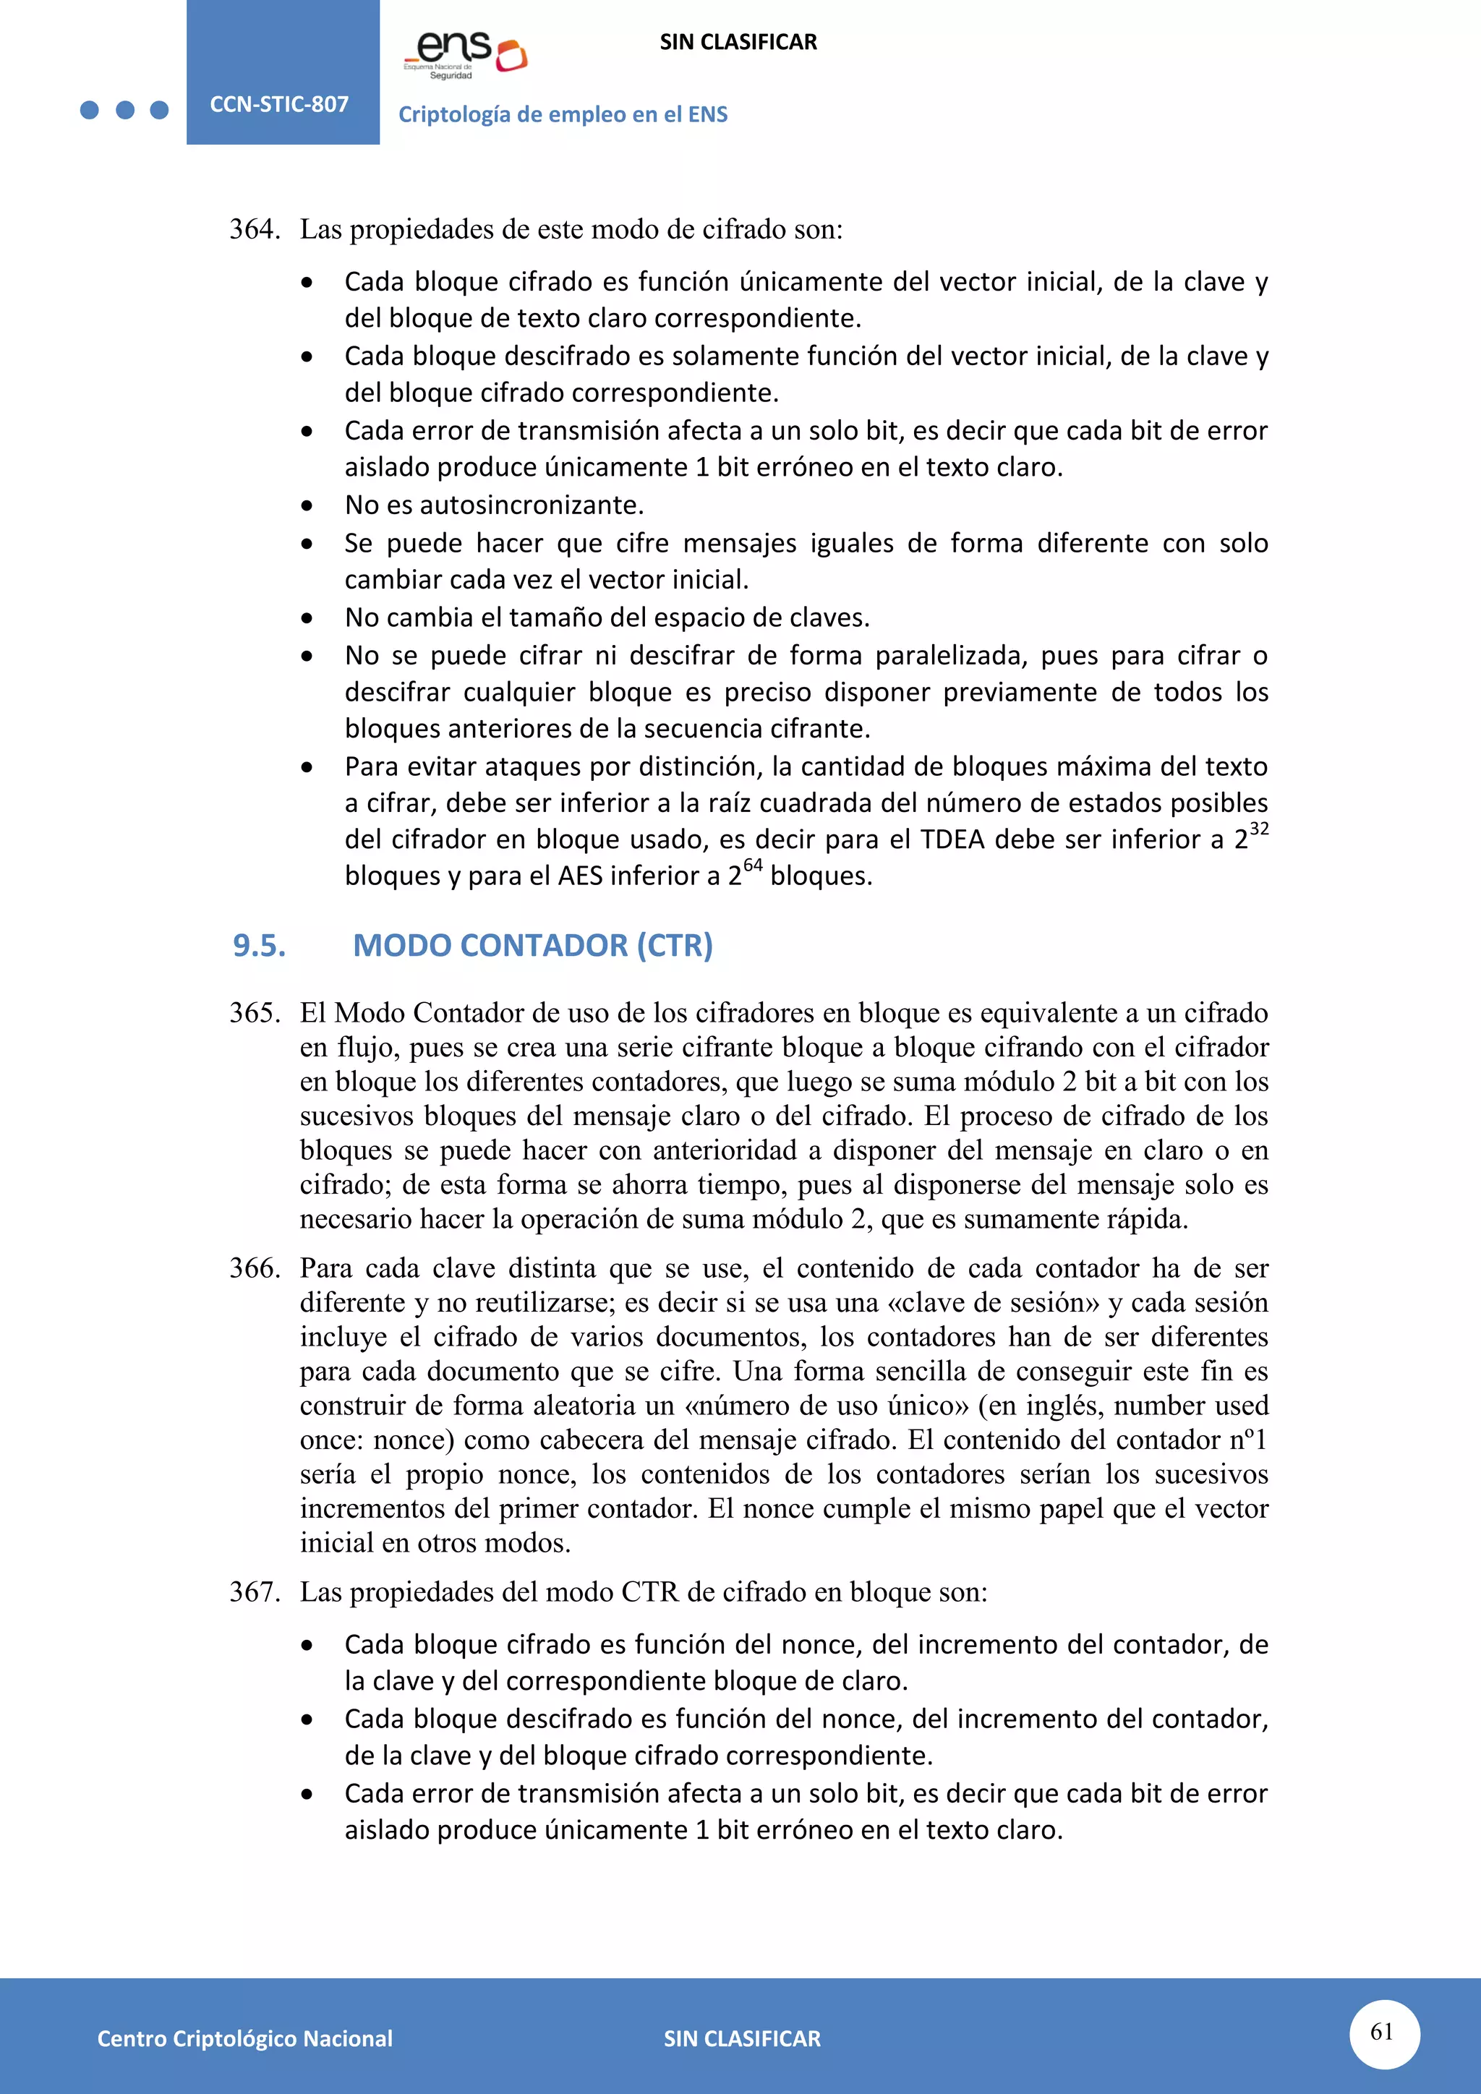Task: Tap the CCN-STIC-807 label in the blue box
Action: pos(279,104)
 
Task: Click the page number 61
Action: pos(1383,2031)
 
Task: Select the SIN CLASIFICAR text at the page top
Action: pos(738,42)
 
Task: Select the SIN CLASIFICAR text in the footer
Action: pos(741,2038)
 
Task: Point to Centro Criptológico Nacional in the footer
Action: pos(244,2038)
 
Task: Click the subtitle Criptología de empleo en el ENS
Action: pos(563,114)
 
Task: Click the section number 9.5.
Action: pos(259,946)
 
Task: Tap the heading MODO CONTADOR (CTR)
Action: pos(532,946)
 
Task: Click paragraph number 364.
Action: pos(254,229)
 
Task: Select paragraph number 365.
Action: pos(254,1012)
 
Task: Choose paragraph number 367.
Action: pos(254,1591)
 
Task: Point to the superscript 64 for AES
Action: pos(752,866)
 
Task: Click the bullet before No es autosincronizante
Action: pos(307,506)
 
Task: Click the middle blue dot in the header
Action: pos(125,111)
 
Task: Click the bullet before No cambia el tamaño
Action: pos(307,619)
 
